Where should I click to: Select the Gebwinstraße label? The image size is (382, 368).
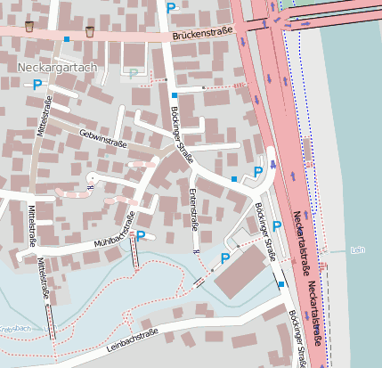click(x=103, y=137)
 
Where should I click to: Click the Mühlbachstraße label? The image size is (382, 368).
click(x=113, y=232)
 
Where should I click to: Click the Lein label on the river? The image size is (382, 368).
click(x=358, y=250)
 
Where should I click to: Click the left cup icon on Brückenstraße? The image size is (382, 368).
click(x=30, y=26)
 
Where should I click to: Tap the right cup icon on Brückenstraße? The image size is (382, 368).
click(x=89, y=32)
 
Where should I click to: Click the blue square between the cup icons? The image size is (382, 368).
click(x=67, y=39)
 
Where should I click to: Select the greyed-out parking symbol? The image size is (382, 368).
click(x=134, y=73)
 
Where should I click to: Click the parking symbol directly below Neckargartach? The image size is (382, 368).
click(x=37, y=85)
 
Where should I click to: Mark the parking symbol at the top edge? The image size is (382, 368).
click(x=171, y=7)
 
